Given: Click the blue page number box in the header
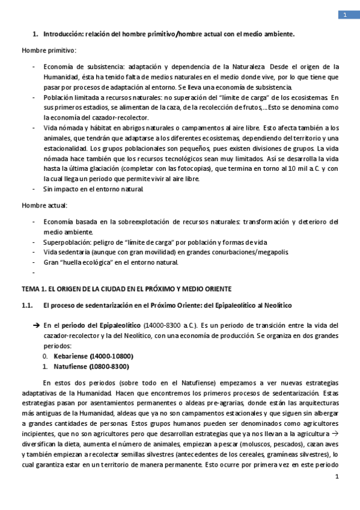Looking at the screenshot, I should click(x=346, y=15).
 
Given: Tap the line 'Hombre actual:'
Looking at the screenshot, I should click(x=44, y=206).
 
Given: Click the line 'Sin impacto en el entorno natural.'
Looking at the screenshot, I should click(x=93, y=189).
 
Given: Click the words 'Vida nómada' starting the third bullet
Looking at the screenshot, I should click(x=62, y=127).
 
